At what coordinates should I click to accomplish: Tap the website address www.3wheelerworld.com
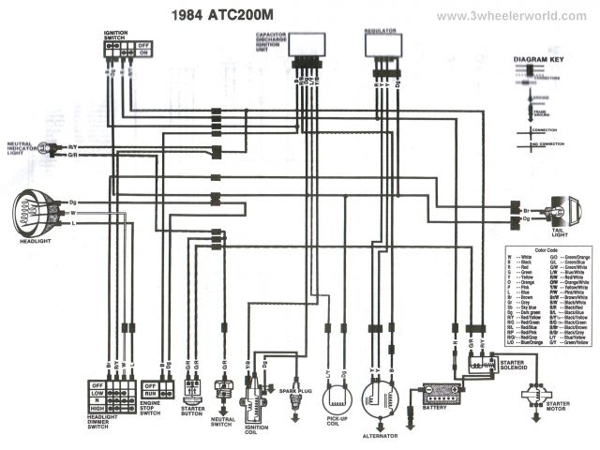click(x=512, y=16)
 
